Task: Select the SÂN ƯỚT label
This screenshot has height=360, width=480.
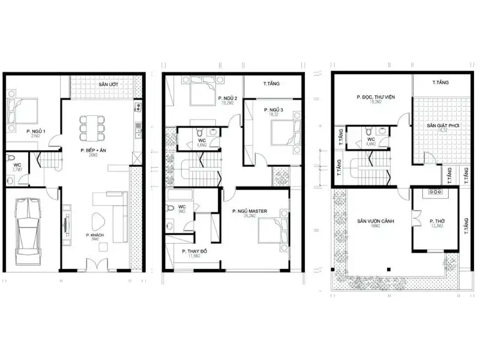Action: click(108, 85)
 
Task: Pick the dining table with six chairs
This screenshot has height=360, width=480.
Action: click(92, 124)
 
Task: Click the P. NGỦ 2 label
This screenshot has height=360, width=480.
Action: click(228, 98)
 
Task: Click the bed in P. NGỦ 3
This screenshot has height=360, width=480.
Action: click(281, 132)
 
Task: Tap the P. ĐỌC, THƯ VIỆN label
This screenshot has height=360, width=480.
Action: click(373, 97)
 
